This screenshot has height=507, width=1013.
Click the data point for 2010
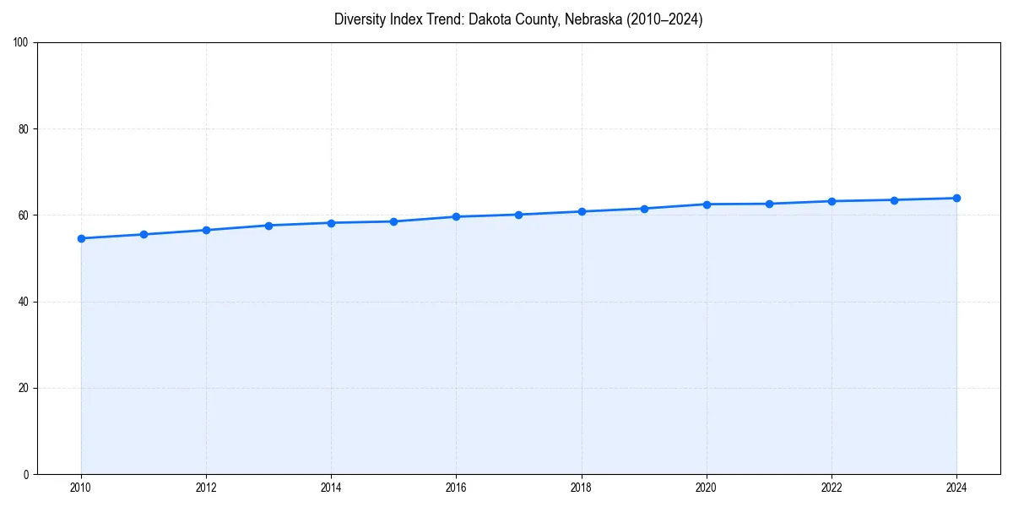81,238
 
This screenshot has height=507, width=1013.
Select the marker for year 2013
268,226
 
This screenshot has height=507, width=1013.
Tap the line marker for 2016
456,216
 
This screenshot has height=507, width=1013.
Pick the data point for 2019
644,209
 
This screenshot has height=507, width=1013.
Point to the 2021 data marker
769,204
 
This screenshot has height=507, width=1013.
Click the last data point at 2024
956,198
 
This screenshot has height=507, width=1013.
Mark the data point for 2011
144,234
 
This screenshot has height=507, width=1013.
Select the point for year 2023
894,200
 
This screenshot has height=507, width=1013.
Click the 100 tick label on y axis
21,42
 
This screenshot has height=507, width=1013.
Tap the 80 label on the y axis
24,129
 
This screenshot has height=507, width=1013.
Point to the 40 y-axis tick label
24,302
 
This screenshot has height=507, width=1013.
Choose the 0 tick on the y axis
26,474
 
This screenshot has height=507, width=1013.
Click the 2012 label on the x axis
206,488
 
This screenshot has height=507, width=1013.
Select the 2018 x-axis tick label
581,488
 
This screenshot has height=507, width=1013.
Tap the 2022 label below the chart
832,488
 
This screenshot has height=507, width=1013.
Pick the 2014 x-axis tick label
331,488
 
